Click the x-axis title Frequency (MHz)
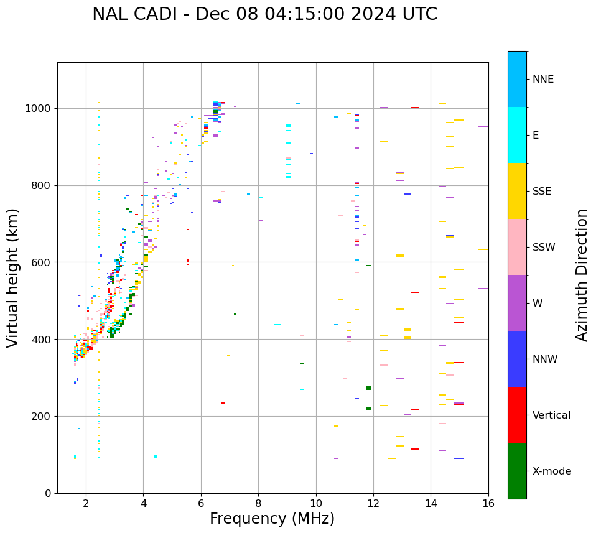tap(272, 519)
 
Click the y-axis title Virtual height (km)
tap(13, 277)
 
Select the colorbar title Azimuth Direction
tap(582, 274)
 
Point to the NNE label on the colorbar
tap(543, 80)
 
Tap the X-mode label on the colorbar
tap(552, 471)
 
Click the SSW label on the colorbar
tap(544, 248)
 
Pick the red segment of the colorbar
tap(517, 415)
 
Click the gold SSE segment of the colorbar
tap(517, 191)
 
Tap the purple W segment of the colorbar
tap(517, 303)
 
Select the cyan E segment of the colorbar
tap(517, 135)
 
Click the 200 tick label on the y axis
tap(44, 417)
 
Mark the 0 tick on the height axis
tap(49, 493)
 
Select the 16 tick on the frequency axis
tap(488, 503)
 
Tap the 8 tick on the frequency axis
tap(258, 503)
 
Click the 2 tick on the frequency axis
tap(86, 503)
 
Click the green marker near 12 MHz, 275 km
tap(369, 388)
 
